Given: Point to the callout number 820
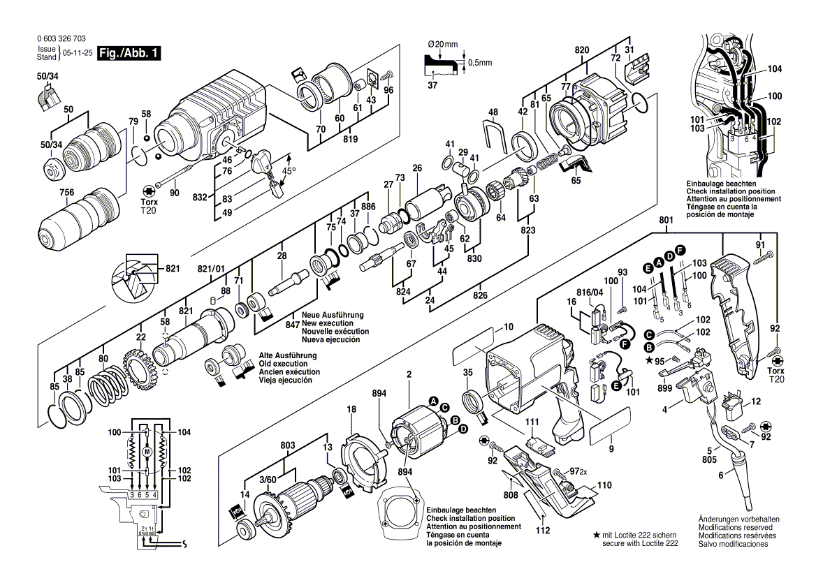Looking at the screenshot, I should pyautogui.click(x=581, y=50).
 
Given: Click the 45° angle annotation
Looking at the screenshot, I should pyautogui.click(x=289, y=170).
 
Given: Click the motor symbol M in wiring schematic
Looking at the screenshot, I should pyautogui.click(x=147, y=452).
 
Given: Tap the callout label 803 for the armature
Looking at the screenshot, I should pyautogui.click(x=287, y=444).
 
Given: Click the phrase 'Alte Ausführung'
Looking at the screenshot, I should pyautogui.click(x=284, y=356).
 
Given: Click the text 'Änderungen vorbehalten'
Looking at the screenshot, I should pyautogui.click(x=739, y=520).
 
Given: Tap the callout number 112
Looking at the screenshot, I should pyautogui.click(x=544, y=529).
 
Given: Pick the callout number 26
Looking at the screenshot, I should pyautogui.click(x=417, y=168).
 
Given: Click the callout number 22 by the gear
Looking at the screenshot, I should pyautogui.click(x=140, y=337).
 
